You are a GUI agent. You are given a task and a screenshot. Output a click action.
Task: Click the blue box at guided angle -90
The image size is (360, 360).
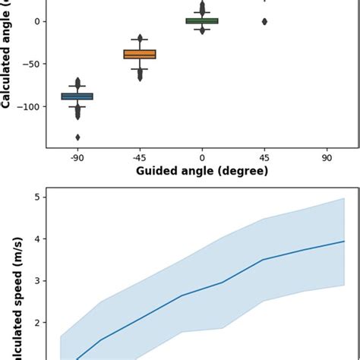[x=77, y=96]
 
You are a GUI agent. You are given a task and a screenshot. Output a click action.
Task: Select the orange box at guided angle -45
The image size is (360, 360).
[x=140, y=54]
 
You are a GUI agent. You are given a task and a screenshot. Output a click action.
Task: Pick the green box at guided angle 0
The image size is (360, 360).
[x=202, y=21]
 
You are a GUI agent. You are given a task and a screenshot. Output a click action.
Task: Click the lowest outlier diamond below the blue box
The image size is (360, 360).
[x=77, y=137]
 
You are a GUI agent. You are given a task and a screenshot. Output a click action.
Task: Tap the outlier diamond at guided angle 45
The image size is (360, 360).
[x=264, y=21]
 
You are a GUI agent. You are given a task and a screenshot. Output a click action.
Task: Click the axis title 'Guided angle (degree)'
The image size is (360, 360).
[x=202, y=171]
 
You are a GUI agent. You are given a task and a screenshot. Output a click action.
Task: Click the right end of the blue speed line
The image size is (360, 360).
[x=344, y=242]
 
